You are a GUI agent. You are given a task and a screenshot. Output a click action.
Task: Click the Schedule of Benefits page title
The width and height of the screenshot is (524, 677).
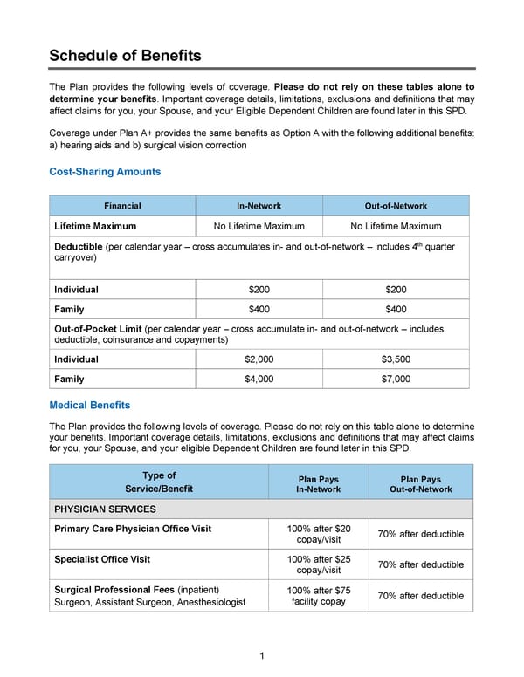[125, 56]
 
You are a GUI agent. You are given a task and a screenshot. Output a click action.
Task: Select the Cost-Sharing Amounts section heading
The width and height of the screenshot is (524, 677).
[105, 172]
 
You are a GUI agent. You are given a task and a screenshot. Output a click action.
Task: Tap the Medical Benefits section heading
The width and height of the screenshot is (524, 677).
[90, 405]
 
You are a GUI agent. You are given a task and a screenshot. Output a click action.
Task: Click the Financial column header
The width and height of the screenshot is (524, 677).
[122, 206]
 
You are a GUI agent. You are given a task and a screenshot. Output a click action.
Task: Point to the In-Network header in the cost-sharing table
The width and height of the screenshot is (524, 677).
[259, 206]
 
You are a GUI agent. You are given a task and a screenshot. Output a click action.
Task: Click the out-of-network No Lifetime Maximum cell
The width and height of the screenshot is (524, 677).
[396, 226]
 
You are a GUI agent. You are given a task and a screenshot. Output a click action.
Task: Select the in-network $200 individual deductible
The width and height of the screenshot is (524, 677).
[259, 290]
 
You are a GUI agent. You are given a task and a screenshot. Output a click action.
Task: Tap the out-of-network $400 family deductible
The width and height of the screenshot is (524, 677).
[396, 309]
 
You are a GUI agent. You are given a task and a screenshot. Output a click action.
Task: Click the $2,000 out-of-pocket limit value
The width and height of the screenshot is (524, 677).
[259, 359]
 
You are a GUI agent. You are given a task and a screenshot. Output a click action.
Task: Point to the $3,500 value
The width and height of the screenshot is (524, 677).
[396, 359]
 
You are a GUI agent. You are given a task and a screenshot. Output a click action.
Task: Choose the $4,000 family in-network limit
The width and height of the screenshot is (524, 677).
[259, 380]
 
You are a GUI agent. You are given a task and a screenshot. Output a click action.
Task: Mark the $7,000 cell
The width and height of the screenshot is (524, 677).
[396, 380]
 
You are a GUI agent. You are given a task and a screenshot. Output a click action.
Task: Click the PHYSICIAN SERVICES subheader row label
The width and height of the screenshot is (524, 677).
[105, 509]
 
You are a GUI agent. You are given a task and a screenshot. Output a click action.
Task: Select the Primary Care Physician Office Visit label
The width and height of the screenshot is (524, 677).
[133, 529]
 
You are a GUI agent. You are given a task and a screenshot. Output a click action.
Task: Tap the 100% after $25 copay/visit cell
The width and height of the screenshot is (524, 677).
[319, 564]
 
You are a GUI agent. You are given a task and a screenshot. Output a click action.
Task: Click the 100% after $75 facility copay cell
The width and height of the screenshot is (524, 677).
[319, 596]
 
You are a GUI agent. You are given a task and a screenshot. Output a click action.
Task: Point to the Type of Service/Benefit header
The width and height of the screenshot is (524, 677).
[158, 482]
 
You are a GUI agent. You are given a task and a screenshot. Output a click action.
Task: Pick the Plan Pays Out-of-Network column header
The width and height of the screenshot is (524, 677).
[420, 484]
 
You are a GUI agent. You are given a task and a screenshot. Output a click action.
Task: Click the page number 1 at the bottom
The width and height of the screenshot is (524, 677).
[262, 655]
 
